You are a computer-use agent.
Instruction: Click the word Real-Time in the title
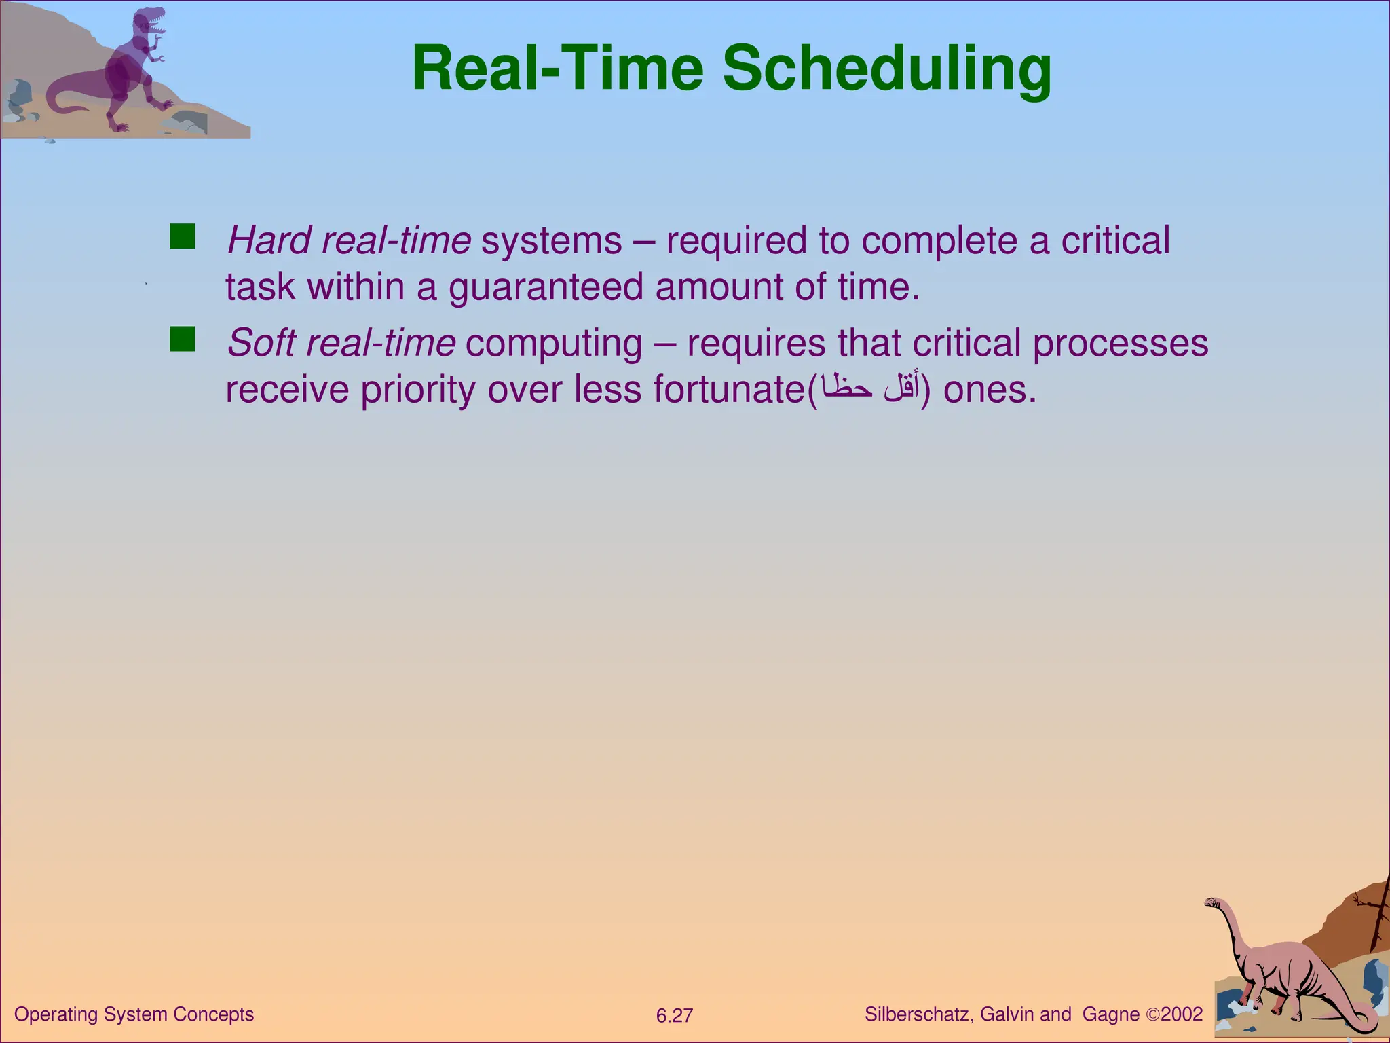(558, 69)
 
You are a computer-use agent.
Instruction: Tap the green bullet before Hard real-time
(182, 236)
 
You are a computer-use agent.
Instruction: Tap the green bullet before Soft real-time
(182, 339)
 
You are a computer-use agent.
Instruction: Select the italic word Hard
(269, 240)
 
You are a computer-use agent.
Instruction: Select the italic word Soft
(261, 343)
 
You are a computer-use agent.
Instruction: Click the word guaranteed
(546, 288)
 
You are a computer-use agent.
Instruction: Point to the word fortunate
(728, 390)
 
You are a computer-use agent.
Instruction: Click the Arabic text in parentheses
(869, 388)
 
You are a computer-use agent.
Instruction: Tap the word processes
(1120, 343)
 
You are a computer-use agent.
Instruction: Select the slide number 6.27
(674, 1016)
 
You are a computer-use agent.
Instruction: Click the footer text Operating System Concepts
(134, 1014)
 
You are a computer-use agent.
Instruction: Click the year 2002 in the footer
(1182, 1014)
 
